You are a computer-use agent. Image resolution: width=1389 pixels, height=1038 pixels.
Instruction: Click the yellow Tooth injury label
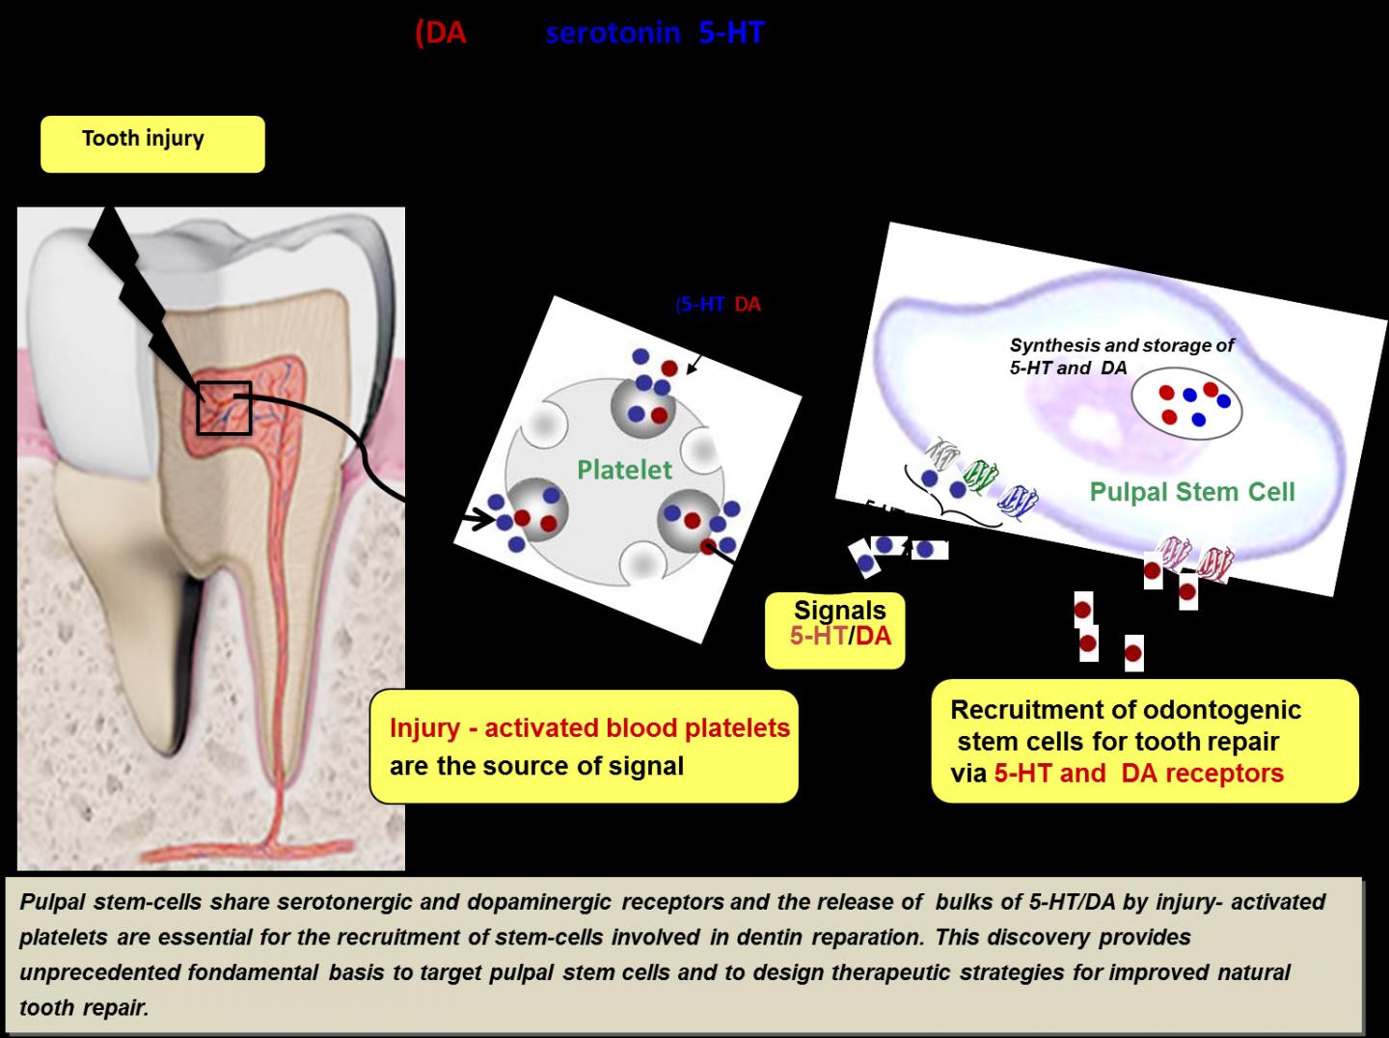151,143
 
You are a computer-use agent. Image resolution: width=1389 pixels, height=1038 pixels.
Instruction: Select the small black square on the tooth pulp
224,408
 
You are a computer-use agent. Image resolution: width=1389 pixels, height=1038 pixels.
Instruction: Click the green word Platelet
624,470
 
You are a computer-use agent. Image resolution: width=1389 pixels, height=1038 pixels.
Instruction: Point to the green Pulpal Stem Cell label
1191,492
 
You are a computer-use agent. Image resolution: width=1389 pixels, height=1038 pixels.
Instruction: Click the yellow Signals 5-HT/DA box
835,630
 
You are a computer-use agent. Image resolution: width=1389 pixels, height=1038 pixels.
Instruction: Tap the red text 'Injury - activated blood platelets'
589,728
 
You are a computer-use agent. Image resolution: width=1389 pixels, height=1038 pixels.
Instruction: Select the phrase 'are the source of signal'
536,766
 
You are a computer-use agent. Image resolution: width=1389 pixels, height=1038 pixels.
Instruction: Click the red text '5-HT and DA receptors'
1138,774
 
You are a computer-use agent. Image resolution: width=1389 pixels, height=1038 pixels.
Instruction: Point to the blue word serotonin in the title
613,33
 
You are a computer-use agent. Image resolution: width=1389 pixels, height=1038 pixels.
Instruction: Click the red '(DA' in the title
441,33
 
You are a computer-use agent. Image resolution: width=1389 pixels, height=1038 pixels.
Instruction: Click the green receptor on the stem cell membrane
982,475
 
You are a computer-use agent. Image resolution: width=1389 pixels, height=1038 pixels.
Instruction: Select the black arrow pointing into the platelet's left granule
476,519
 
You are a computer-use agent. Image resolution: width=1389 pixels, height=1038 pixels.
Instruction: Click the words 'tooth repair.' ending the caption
84,1008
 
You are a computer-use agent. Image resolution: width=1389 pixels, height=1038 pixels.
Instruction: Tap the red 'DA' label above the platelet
748,305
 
